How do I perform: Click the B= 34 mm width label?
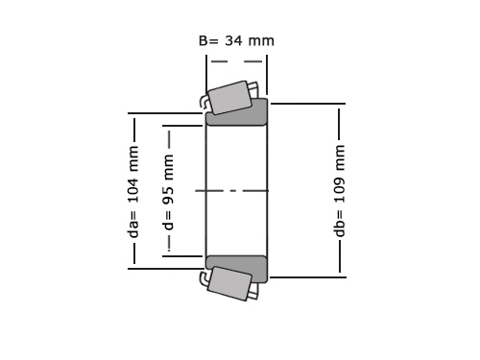pos(236,41)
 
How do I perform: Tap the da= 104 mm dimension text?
pos(133,192)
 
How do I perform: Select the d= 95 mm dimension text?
pos(168,192)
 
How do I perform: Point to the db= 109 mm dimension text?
pos(340,191)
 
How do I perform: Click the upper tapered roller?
pos(230,98)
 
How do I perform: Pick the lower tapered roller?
pos(230,283)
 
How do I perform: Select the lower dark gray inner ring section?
pos(236,268)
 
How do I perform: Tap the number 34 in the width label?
pos(233,41)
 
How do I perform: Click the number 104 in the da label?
pos(133,187)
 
